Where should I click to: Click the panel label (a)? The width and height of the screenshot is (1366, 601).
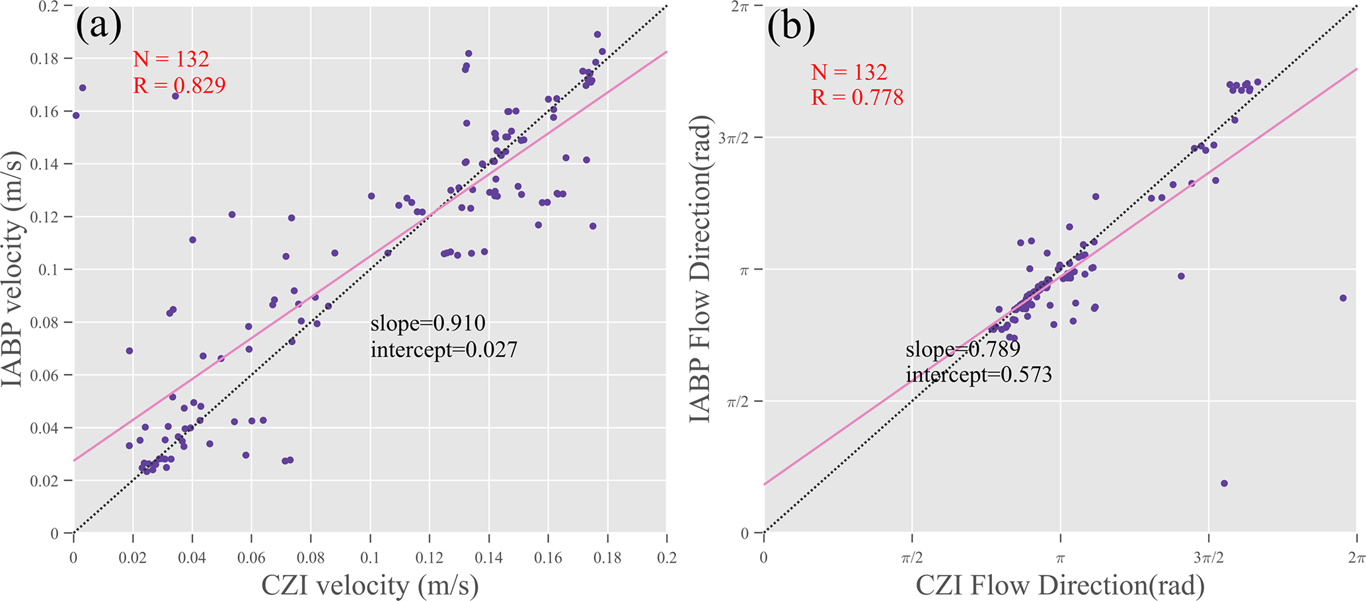tap(99, 27)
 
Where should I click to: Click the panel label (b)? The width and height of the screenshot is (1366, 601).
tap(791, 27)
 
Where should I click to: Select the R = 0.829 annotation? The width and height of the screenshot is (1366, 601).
tap(179, 85)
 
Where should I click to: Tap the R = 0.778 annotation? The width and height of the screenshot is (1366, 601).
tap(857, 98)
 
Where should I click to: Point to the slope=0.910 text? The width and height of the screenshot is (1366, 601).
tap(428, 323)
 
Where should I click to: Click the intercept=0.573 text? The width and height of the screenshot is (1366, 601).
tap(978, 375)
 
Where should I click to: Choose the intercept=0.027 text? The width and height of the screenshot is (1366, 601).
tap(443, 349)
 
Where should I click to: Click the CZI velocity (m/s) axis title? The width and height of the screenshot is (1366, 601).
tap(369, 585)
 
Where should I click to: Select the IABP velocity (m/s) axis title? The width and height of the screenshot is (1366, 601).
tap(15, 269)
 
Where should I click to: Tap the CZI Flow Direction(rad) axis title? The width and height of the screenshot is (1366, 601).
tap(1059, 585)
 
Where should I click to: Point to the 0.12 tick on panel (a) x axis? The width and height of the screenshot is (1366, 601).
tap(429, 557)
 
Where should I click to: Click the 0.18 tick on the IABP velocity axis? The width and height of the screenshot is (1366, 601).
tap(44, 59)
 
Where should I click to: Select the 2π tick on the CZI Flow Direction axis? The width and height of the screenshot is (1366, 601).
tap(1357, 557)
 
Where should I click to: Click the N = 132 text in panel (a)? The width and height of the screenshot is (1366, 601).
tap(171, 60)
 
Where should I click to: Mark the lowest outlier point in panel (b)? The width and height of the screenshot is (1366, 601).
tap(1224, 483)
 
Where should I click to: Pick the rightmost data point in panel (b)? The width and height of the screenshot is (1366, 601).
tap(1343, 298)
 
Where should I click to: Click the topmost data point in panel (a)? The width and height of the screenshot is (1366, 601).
tap(597, 34)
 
